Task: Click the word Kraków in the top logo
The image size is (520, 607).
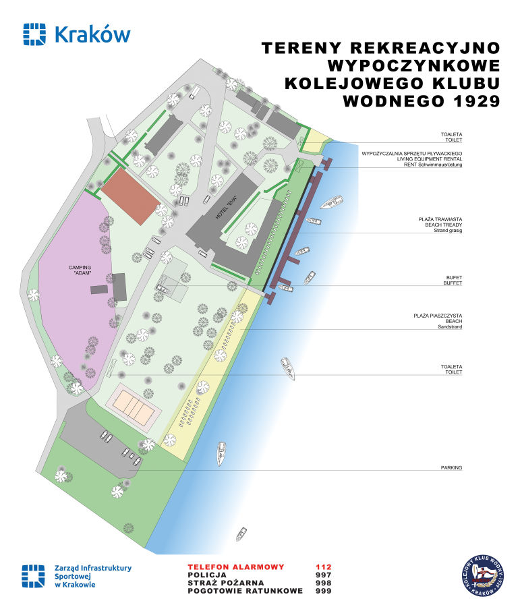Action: click(x=90, y=34)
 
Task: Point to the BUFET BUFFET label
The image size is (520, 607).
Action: click(x=453, y=281)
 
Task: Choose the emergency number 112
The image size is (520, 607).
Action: click(x=324, y=567)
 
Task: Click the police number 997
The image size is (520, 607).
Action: click(x=324, y=575)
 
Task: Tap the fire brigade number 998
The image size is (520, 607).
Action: click(x=324, y=583)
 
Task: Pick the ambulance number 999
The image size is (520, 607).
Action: click(x=324, y=591)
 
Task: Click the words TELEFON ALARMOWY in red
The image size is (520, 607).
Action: click(x=236, y=567)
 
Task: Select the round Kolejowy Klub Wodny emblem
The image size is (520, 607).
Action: click(x=484, y=575)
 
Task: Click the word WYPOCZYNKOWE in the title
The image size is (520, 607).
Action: click(x=413, y=66)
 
